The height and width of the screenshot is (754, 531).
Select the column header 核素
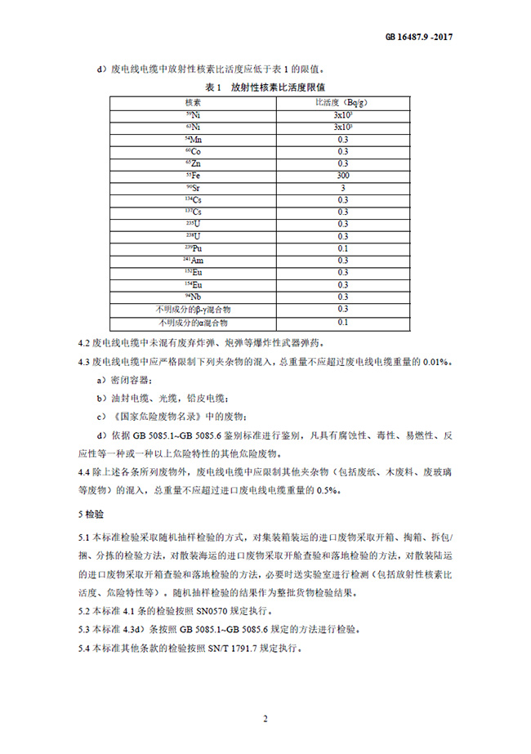[194, 103]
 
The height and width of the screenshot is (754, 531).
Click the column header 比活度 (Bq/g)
[342, 103]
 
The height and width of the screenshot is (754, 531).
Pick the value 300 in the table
[342, 176]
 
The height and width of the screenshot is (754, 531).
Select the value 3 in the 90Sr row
[342, 188]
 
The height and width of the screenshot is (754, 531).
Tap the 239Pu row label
[194, 248]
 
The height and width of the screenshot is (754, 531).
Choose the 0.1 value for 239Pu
[342, 248]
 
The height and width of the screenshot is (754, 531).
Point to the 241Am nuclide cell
[194, 261]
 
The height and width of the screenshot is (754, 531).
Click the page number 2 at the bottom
[265, 719]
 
